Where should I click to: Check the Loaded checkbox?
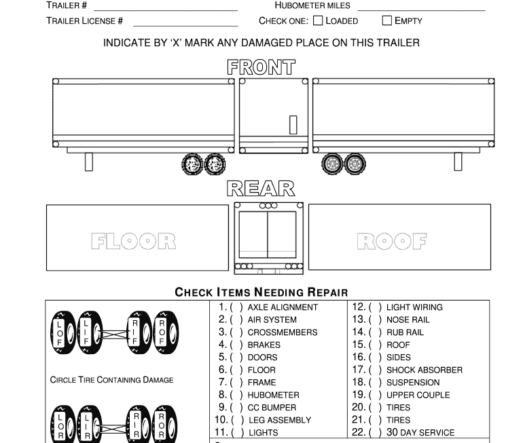318,20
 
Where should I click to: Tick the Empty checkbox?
387,20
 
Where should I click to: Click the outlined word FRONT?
261,67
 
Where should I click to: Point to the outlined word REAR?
261,189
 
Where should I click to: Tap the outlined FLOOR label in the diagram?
134,241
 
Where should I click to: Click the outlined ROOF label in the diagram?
392,241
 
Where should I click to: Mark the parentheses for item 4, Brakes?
236,345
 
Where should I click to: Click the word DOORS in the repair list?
262,358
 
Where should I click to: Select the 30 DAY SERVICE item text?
420,432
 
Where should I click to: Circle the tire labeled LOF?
60,333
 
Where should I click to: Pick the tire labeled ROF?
162,333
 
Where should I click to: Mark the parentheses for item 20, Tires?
375,408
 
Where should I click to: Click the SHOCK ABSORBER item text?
425,370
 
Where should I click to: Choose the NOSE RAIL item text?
408,320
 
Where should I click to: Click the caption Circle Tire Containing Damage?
111,380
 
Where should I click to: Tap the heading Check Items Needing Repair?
261,292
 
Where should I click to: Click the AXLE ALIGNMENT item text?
283,307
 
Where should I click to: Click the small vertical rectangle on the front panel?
293,125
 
